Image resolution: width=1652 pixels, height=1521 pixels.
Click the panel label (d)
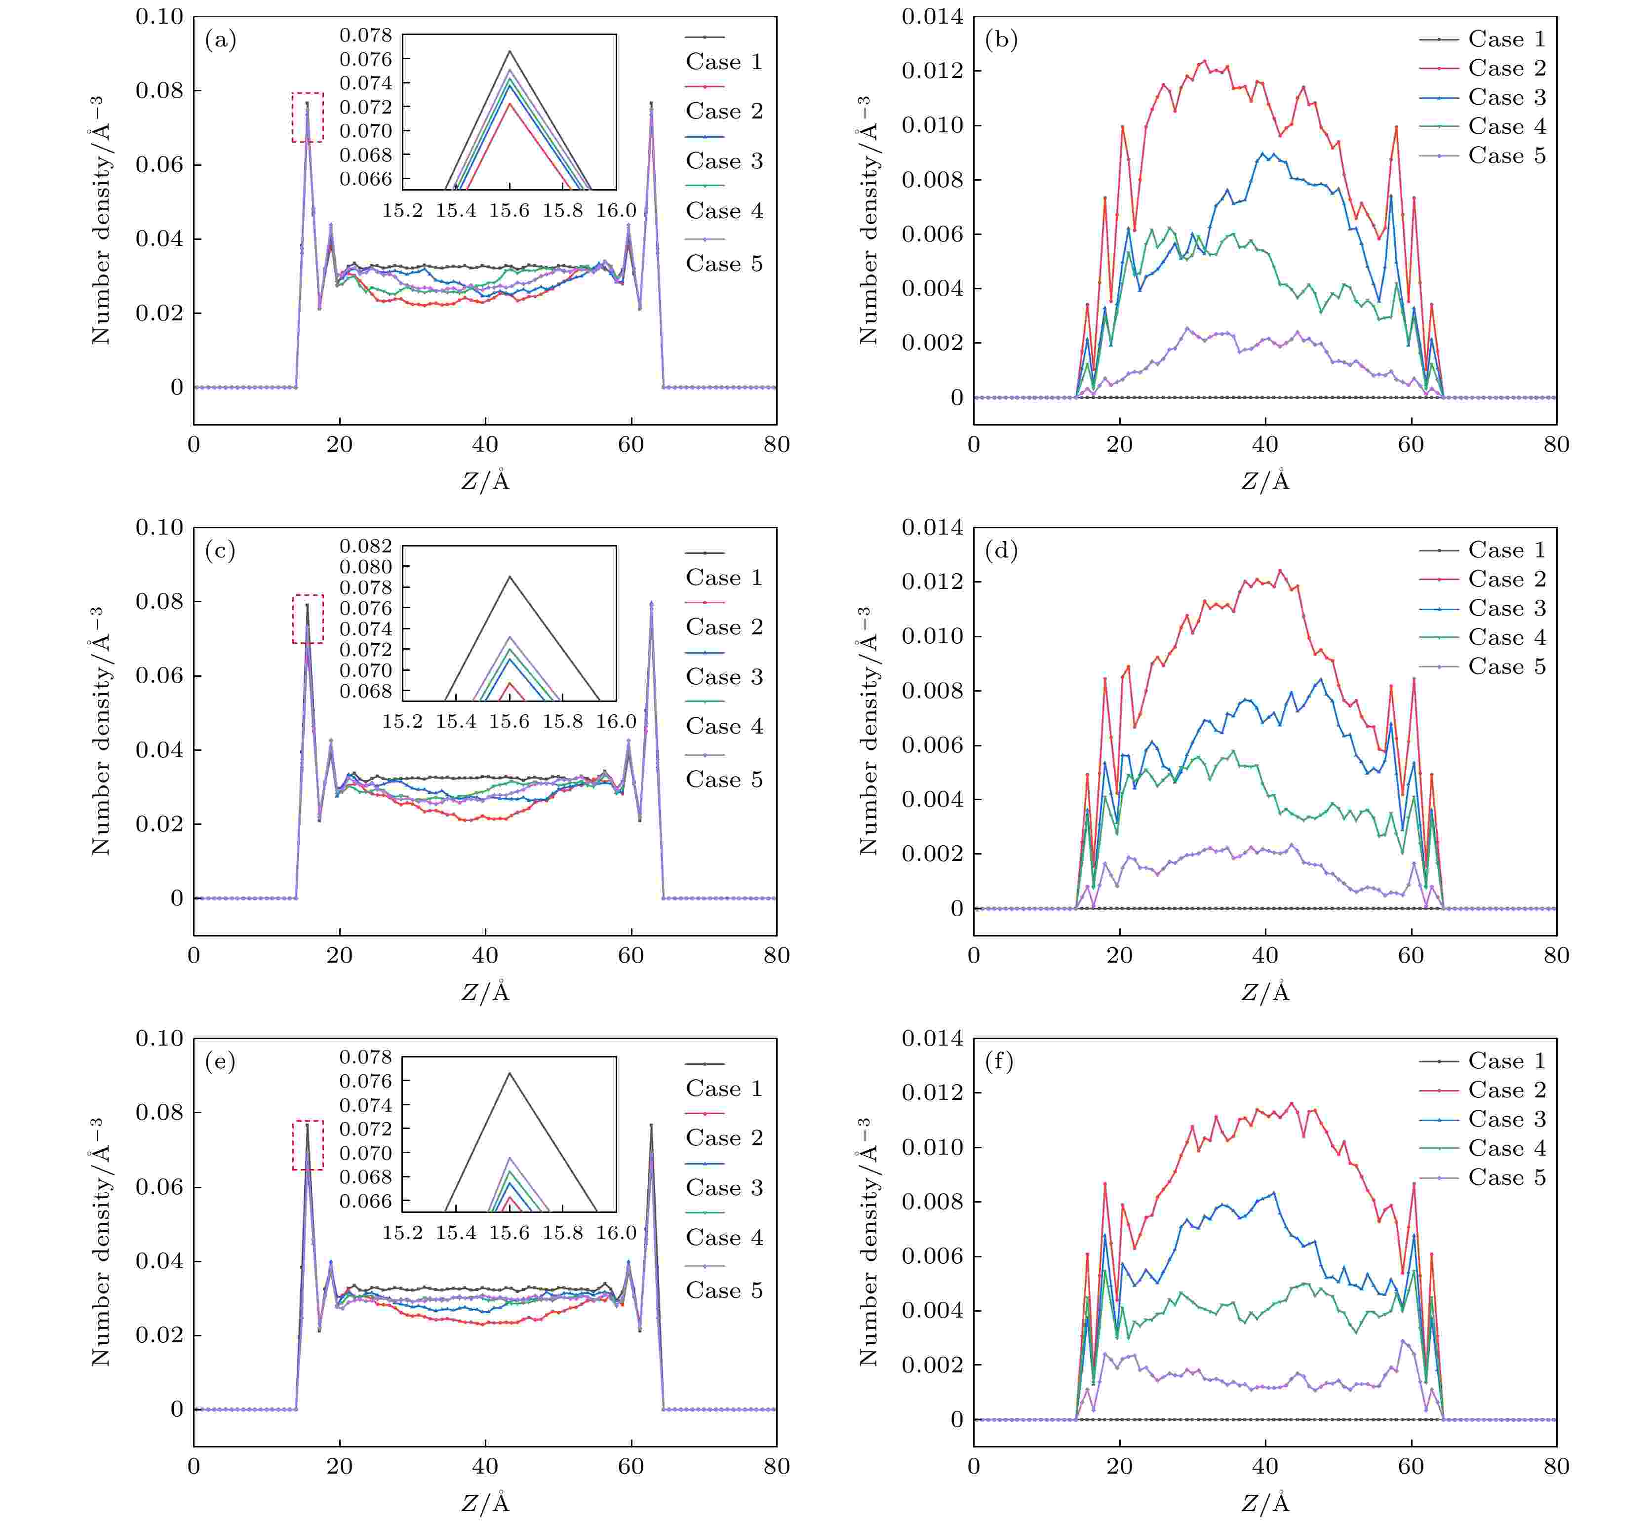click(x=1001, y=550)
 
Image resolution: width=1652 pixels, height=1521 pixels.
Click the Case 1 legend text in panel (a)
click(x=724, y=62)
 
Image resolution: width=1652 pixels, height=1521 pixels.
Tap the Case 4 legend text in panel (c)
click(x=724, y=726)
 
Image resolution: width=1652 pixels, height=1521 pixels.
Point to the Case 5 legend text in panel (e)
click(x=724, y=1290)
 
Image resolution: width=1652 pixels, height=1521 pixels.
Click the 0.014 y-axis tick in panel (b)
click(x=933, y=16)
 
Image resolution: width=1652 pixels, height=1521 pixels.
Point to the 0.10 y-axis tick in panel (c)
click(x=159, y=528)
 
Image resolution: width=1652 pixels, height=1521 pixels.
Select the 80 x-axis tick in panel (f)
click(x=1556, y=1467)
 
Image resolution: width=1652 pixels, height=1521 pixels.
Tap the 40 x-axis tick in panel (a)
click(x=485, y=445)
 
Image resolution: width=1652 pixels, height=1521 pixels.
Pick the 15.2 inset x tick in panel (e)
click(x=402, y=1232)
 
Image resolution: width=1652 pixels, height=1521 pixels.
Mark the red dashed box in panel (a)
click(x=308, y=117)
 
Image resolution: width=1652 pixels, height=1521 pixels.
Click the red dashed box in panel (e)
click(x=308, y=1145)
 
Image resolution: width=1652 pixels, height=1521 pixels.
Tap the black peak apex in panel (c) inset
click(x=510, y=576)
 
